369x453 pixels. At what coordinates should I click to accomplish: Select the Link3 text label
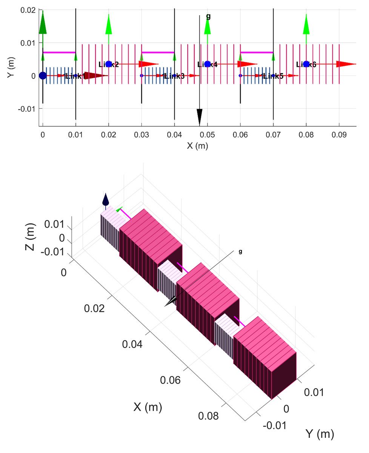(x=174, y=76)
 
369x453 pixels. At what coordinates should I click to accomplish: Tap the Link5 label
(x=273, y=76)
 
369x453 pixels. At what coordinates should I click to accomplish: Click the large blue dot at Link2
(x=109, y=64)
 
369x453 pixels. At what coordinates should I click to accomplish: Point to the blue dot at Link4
(x=207, y=64)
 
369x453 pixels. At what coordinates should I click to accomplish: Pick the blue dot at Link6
(x=306, y=64)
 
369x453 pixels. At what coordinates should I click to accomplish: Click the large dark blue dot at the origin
(x=43, y=75)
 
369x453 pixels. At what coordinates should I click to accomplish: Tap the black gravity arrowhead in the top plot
(x=200, y=117)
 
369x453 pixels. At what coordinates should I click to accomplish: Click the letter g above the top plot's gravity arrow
(x=208, y=16)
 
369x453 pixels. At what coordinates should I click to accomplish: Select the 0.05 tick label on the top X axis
(x=207, y=135)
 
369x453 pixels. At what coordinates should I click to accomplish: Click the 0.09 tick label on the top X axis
(x=339, y=135)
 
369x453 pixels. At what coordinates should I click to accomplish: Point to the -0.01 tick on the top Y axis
(x=27, y=109)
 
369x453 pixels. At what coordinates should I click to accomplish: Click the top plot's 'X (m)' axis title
(x=197, y=146)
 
